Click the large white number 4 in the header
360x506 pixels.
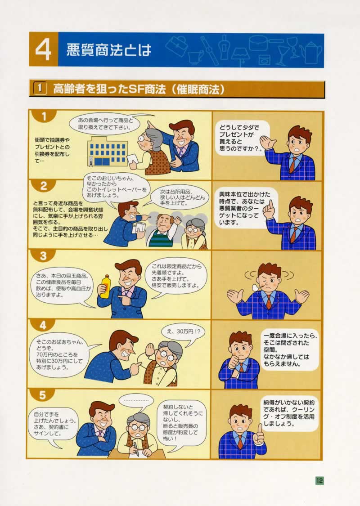point(43,50)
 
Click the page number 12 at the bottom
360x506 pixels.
point(319,480)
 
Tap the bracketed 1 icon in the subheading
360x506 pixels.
point(40,89)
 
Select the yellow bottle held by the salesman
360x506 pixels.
point(106,286)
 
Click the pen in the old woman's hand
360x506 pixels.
point(136,448)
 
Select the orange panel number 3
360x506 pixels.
point(43,256)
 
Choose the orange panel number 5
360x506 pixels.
point(43,395)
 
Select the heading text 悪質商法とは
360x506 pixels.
point(109,50)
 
